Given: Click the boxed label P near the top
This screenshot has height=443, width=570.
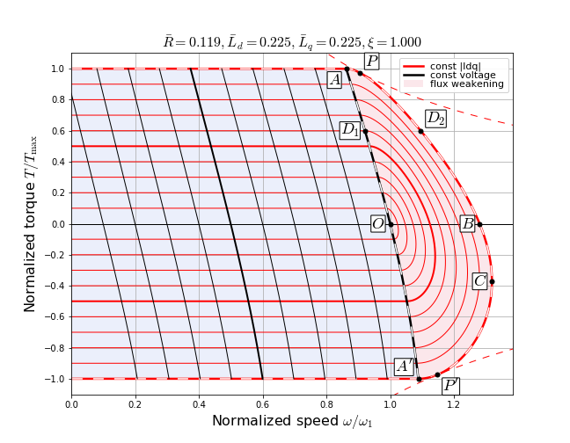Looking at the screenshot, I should [371, 61].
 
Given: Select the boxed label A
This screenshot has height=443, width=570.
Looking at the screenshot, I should [334, 80].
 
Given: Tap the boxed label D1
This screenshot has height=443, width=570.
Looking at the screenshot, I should [350, 130].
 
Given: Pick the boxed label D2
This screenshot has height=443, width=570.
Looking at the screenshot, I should [435, 119].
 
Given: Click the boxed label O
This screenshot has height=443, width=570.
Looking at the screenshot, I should [377, 224].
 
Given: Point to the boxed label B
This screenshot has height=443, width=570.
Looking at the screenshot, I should [468, 223].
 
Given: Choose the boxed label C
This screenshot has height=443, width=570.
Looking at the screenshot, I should [479, 281].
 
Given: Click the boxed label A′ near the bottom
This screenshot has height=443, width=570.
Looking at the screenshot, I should [405, 367].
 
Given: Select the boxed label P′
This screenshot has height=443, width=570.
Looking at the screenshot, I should [450, 386].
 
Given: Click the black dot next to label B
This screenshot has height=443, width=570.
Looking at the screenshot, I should [479, 224].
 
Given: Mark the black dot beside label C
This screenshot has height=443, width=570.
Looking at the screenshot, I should [492, 281].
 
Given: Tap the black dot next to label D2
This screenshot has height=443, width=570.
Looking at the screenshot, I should [420, 132].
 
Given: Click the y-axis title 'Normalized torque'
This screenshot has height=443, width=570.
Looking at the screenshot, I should [32, 223].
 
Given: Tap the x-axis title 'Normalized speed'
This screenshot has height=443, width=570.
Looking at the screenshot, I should [292, 421].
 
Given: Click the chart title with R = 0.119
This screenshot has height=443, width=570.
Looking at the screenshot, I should [292, 41].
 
